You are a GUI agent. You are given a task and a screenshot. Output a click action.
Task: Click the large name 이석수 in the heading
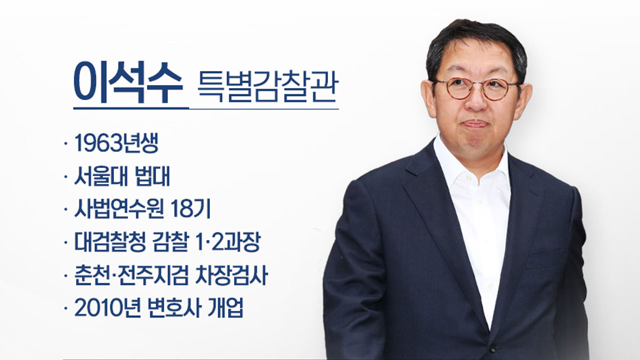(128, 82)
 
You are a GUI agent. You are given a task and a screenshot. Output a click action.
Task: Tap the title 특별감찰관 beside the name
(268, 86)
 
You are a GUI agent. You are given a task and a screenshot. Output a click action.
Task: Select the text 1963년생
(116, 143)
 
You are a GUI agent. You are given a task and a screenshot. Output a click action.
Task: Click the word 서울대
(100, 176)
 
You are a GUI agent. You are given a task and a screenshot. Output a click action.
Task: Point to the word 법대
(153, 176)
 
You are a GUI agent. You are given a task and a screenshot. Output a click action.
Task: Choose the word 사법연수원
(119, 209)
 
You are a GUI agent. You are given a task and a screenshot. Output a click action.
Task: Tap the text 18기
(190, 209)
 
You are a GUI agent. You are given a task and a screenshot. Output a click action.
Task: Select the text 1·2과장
(227, 242)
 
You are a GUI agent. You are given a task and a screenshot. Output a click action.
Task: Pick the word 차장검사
(231, 275)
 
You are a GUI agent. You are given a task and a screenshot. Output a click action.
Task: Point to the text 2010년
(107, 308)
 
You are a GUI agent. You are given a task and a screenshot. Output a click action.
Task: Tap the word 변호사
(174, 308)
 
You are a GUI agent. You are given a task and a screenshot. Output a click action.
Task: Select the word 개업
(225, 308)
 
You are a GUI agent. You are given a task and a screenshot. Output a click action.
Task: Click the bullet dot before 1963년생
(66, 143)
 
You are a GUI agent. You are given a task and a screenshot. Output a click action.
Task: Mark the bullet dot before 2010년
(66, 308)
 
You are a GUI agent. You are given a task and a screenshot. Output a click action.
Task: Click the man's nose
(475, 103)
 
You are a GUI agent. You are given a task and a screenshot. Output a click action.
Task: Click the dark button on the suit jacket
(492, 348)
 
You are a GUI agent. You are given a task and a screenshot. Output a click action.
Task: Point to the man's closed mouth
(475, 124)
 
